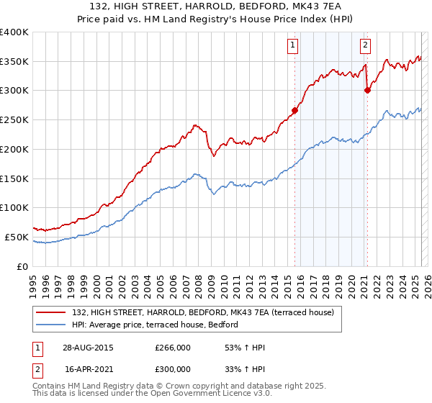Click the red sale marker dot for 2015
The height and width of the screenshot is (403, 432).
(294, 110)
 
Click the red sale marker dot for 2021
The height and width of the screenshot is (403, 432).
(367, 90)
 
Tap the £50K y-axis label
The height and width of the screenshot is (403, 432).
(17, 237)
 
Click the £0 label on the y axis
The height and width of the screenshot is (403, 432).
(22, 266)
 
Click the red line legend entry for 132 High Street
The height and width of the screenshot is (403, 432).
(202, 312)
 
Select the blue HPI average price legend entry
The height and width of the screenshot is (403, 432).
(159, 325)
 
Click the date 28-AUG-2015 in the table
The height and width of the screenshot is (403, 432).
(89, 348)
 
